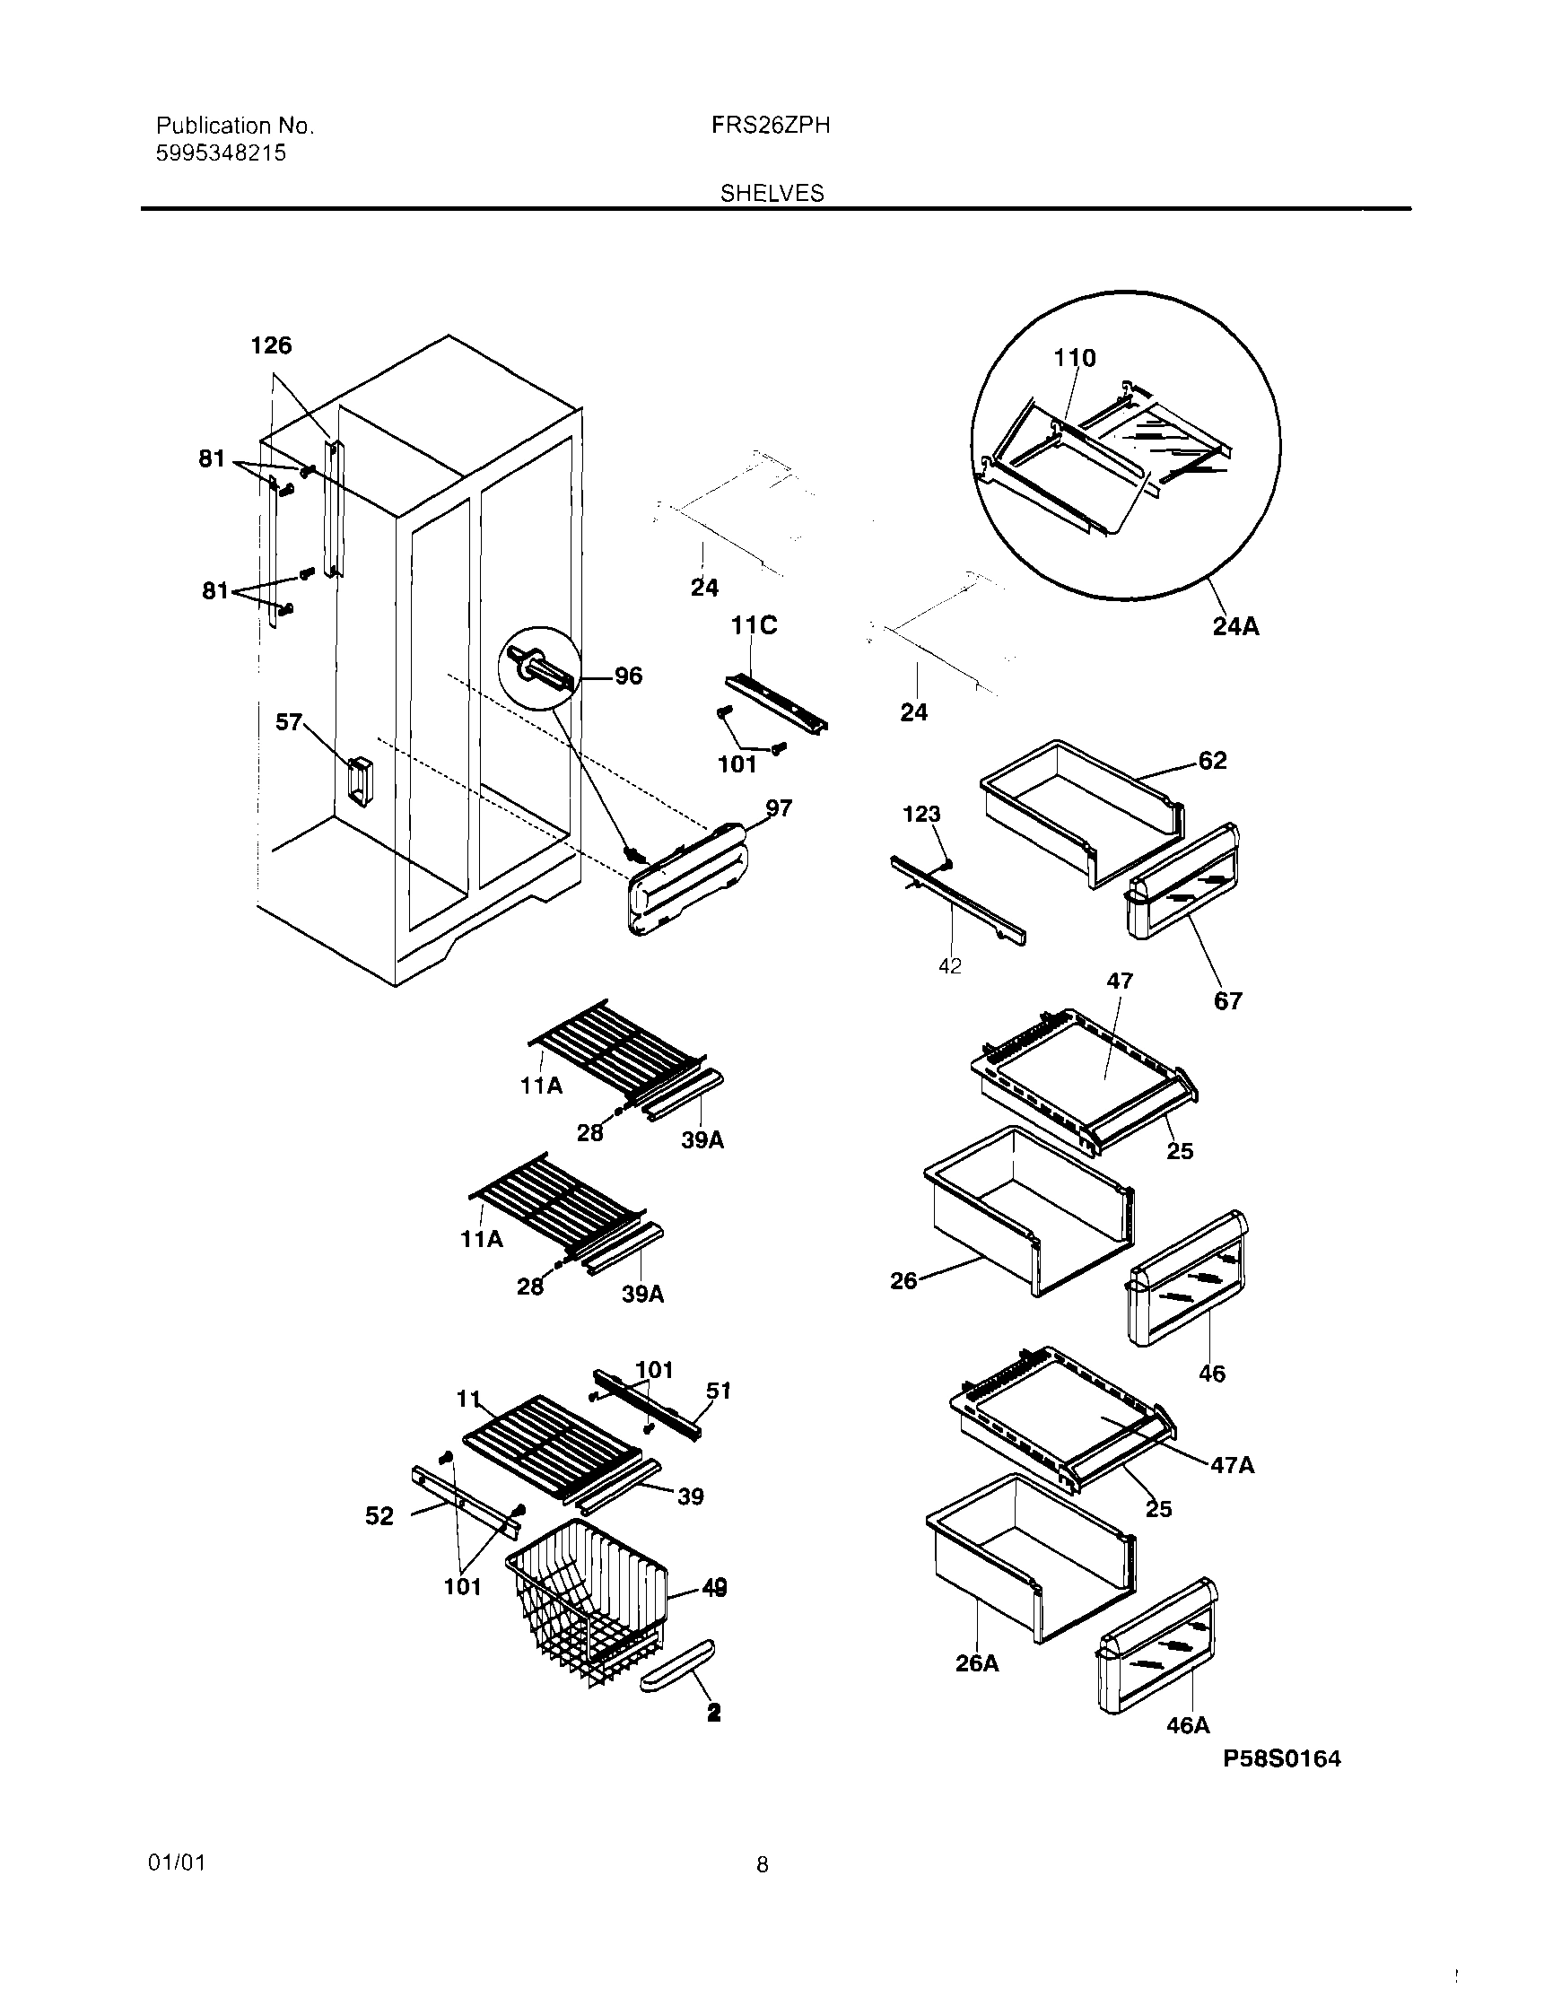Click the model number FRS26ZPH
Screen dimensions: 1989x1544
pos(770,126)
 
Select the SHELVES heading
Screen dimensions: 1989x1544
pos(772,193)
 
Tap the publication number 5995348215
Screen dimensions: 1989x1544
pos(222,153)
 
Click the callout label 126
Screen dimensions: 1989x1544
pos(271,345)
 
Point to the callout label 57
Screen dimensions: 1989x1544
pos(289,722)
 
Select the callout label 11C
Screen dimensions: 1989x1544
pos(754,625)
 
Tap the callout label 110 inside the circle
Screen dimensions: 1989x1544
pos(1075,358)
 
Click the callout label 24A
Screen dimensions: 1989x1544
pos(1236,626)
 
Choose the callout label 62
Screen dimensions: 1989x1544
pos(1212,761)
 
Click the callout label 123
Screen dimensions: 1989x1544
pos(921,815)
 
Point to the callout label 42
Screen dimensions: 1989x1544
pos(950,967)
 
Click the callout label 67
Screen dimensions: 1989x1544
pos(1228,1001)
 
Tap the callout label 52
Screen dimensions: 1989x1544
pos(379,1516)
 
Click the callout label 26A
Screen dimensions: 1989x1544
pos(976,1664)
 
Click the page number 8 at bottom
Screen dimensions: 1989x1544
pos(763,1866)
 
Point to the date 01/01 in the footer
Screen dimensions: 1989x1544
pos(177,1863)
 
